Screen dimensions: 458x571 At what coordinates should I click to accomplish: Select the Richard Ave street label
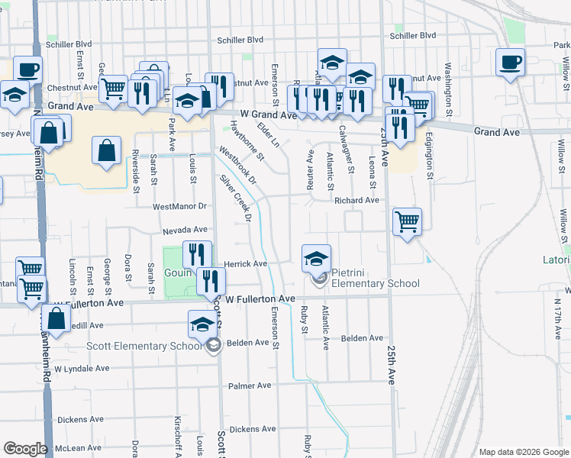(356, 201)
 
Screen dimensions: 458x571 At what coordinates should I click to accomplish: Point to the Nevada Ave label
(185, 230)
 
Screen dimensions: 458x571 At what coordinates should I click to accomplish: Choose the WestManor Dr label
(180, 206)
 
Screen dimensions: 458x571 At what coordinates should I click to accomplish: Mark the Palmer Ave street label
(250, 385)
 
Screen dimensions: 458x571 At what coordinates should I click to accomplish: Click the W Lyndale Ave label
(83, 369)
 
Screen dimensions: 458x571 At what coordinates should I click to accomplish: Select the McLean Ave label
(80, 448)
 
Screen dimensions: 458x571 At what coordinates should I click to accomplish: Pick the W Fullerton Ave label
(255, 298)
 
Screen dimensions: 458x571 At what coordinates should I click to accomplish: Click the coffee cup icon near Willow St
(510, 63)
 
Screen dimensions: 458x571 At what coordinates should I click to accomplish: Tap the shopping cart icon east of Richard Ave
(408, 222)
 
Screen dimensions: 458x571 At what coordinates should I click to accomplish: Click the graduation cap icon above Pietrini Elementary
(316, 258)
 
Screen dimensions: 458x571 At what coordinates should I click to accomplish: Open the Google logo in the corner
(25, 449)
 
